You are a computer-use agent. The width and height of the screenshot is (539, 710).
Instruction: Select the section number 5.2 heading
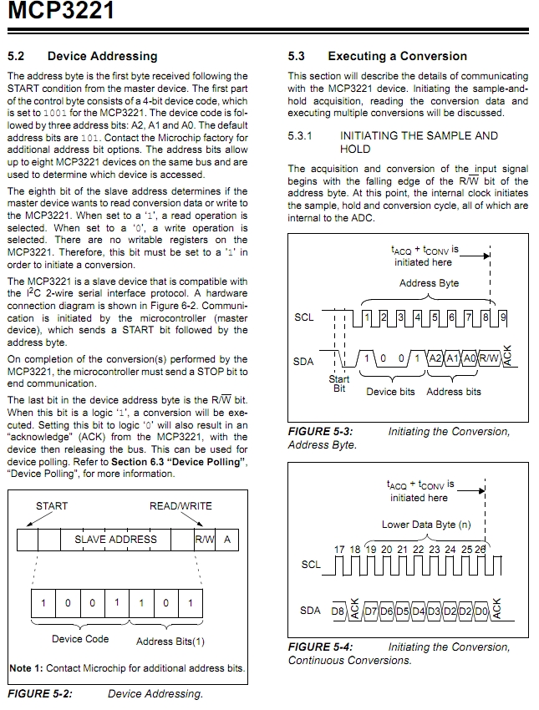[x=17, y=56]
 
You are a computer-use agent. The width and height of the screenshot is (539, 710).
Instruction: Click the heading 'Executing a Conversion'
[x=397, y=56]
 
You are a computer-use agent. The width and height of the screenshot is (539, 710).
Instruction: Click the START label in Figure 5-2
[x=52, y=505]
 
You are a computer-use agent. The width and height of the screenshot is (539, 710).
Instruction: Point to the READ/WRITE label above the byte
[x=181, y=505]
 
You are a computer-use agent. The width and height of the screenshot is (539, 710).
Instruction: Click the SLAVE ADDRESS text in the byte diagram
[x=115, y=540]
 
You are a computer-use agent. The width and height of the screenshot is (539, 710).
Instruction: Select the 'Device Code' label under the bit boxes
[x=80, y=639]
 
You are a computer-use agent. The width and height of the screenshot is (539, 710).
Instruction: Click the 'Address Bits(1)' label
[x=170, y=642]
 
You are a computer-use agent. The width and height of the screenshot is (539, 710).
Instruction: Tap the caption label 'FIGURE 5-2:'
[x=40, y=693]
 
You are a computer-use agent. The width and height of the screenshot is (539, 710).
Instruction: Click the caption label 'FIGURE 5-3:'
[x=320, y=432]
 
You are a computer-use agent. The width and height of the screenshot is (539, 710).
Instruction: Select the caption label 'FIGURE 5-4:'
[x=320, y=647]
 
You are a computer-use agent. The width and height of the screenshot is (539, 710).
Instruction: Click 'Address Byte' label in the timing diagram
[x=429, y=283]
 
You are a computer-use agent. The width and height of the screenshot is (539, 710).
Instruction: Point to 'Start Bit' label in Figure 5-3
[x=339, y=383]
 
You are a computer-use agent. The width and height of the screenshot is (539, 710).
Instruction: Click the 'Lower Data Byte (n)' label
[x=426, y=525]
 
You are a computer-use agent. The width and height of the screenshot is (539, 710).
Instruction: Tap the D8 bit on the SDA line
[x=338, y=611]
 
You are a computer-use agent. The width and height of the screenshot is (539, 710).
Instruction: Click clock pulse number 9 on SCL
[x=502, y=317]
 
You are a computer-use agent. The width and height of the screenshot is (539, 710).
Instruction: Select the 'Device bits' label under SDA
[x=390, y=392]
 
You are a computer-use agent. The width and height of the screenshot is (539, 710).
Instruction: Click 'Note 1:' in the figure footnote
[x=26, y=668]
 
